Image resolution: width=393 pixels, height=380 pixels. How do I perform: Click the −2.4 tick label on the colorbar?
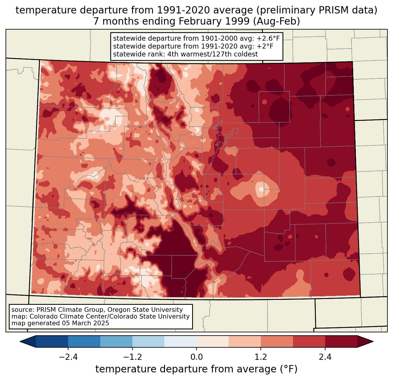pos(68,357)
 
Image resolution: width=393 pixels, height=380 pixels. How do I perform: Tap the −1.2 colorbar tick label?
pos(132,357)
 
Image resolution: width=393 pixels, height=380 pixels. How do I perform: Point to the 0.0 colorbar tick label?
pos(196,357)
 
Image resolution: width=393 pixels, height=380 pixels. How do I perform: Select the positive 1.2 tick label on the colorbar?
pos(261,357)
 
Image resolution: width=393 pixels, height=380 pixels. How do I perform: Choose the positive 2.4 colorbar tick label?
pos(325,357)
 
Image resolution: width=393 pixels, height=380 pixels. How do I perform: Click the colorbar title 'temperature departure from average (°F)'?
pos(196,369)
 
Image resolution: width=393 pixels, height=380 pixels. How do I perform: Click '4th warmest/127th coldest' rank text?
pos(213,54)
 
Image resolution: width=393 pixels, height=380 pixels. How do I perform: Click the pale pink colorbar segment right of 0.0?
pos(213,341)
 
